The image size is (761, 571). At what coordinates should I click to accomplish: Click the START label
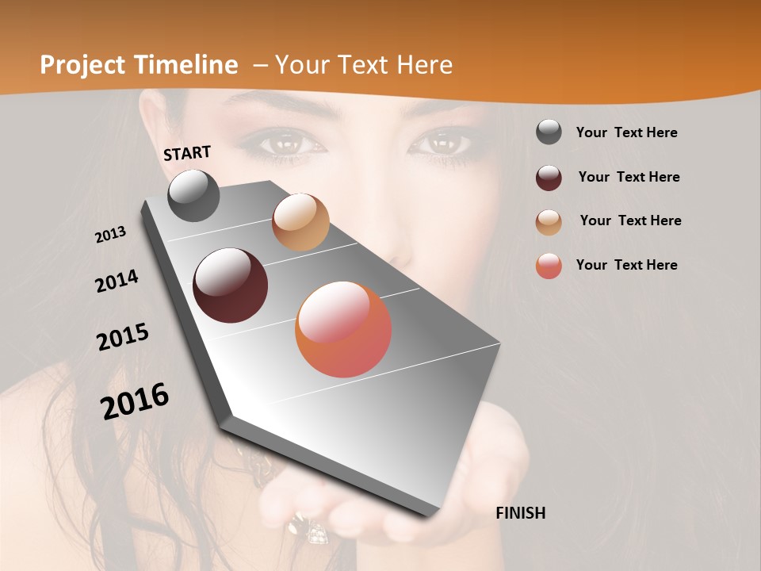coord(187,153)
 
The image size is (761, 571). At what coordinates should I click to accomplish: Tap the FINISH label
coord(520,513)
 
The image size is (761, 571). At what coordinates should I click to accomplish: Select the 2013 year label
coord(111,234)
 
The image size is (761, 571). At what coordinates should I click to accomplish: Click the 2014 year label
coord(117,281)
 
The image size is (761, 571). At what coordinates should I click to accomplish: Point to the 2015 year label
coord(123,337)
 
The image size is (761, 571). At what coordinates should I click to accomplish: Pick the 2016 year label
coord(135,400)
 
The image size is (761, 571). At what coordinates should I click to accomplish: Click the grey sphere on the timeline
coord(194,195)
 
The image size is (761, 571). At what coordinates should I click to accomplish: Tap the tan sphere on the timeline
coord(300,222)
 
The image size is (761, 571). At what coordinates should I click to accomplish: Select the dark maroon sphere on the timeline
coord(231,285)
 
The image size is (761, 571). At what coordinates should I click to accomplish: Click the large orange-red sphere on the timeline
coord(343,329)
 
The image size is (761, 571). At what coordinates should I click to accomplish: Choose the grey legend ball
coord(549,132)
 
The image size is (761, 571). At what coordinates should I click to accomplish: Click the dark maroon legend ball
coord(549,178)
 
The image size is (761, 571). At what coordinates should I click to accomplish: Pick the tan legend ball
coord(549,222)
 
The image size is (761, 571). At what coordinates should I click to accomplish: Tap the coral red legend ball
coord(549,266)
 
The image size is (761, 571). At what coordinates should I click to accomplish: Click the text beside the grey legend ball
coord(626,132)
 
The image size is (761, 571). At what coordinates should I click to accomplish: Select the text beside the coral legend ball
coord(626,265)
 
